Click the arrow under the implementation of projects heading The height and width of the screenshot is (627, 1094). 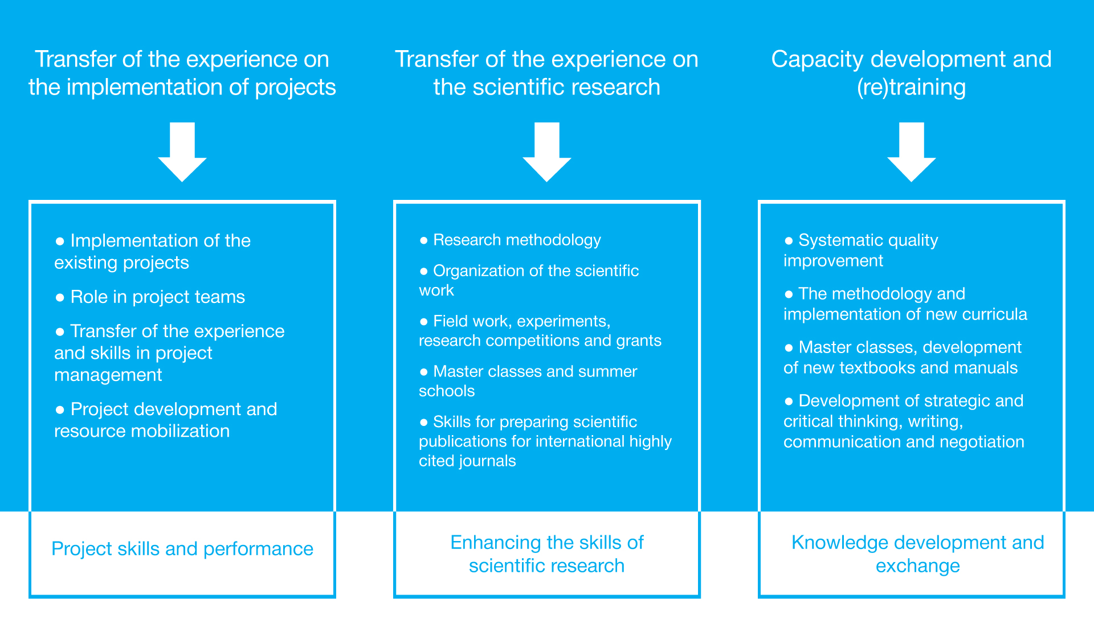point(182,151)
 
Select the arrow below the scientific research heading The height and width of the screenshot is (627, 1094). point(547,151)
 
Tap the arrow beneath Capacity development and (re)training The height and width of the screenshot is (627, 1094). point(912,151)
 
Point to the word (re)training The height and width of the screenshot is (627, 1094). point(912,88)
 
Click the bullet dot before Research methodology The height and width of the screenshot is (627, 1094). point(423,241)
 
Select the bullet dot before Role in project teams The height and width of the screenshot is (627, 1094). point(60,297)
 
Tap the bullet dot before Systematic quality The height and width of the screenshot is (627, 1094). point(789,241)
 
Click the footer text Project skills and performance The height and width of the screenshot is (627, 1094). point(182,549)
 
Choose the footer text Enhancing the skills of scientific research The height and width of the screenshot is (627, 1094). point(547,554)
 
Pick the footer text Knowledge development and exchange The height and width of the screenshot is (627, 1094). point(917,554)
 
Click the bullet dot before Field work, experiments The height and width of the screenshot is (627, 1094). point(423,322)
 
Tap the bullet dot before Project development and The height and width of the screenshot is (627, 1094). point(60,409)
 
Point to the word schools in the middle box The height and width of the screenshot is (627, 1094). point(447,391)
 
